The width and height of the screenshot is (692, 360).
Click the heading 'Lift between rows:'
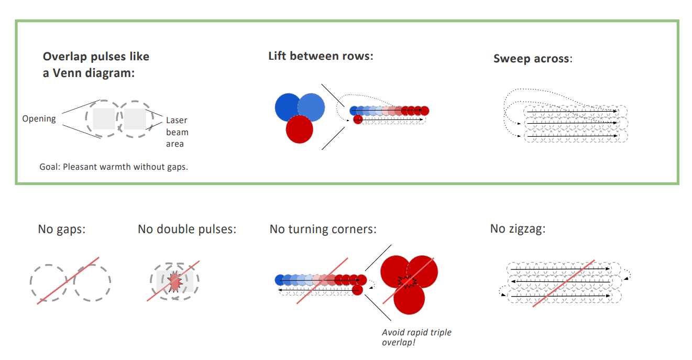[320, 56]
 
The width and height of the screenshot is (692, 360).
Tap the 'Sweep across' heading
[532, 58]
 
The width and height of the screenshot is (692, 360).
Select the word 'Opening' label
[39, 119]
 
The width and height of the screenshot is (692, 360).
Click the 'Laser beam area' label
[177, 132]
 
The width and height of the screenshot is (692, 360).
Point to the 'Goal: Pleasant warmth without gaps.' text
[114, 167]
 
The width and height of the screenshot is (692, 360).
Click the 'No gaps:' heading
[61, 229]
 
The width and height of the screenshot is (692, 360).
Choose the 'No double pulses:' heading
[187, 229]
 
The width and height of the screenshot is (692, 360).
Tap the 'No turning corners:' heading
[323, 229]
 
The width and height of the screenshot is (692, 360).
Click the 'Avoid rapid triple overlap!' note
[416, 337]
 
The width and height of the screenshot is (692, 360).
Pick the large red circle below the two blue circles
[299, 129]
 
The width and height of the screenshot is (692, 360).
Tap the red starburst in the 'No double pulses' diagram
[175, 282]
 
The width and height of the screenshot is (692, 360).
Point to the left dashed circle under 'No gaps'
[48, 282]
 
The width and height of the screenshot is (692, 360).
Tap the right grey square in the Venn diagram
[135, 119]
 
